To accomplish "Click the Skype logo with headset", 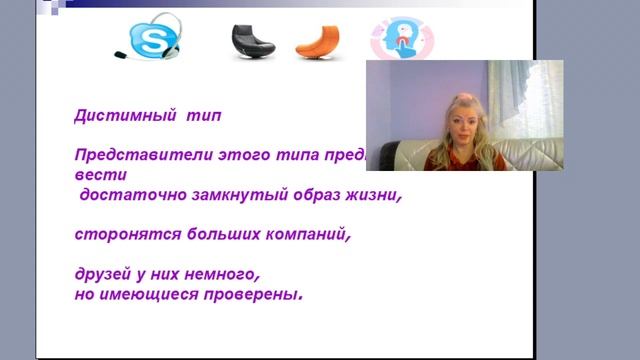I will (x=149, y=39).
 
